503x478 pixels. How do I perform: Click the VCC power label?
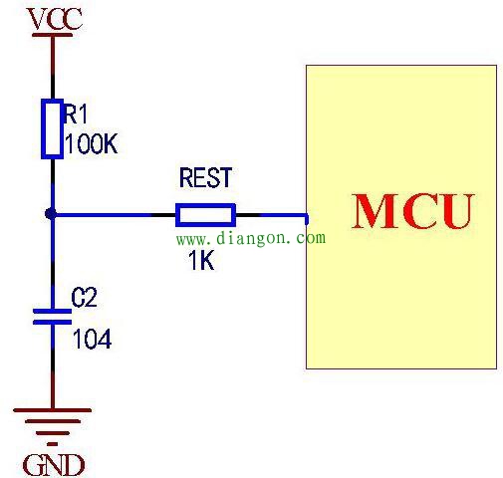click(55, 19)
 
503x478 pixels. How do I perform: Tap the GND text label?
click(54, 465)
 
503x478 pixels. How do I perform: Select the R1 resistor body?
click(53, 128)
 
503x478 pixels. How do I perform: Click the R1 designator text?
click(76, 114)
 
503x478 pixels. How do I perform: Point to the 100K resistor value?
click(92, 143)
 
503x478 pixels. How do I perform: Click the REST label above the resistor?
click(205, 177)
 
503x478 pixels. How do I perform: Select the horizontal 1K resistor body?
click(205, 215)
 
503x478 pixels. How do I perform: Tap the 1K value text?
click(201, 260)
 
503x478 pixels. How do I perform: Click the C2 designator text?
click(85, 297)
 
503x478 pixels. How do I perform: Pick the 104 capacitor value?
click(92, 339)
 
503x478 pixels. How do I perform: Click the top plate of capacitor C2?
click(52, 311)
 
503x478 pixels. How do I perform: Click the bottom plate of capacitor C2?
click(52, 322)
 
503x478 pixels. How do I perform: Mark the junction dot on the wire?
click(51, 214)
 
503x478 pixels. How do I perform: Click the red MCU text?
click(412, 211)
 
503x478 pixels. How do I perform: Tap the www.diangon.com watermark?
click(251, 238)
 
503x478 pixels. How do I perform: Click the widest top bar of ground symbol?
click(52, 410)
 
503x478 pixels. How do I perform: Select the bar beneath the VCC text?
click(52, 35)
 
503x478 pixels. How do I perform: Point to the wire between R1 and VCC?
click(53, 68)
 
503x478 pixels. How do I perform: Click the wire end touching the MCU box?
click(307, 219)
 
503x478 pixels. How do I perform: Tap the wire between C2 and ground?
click(53, 366)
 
